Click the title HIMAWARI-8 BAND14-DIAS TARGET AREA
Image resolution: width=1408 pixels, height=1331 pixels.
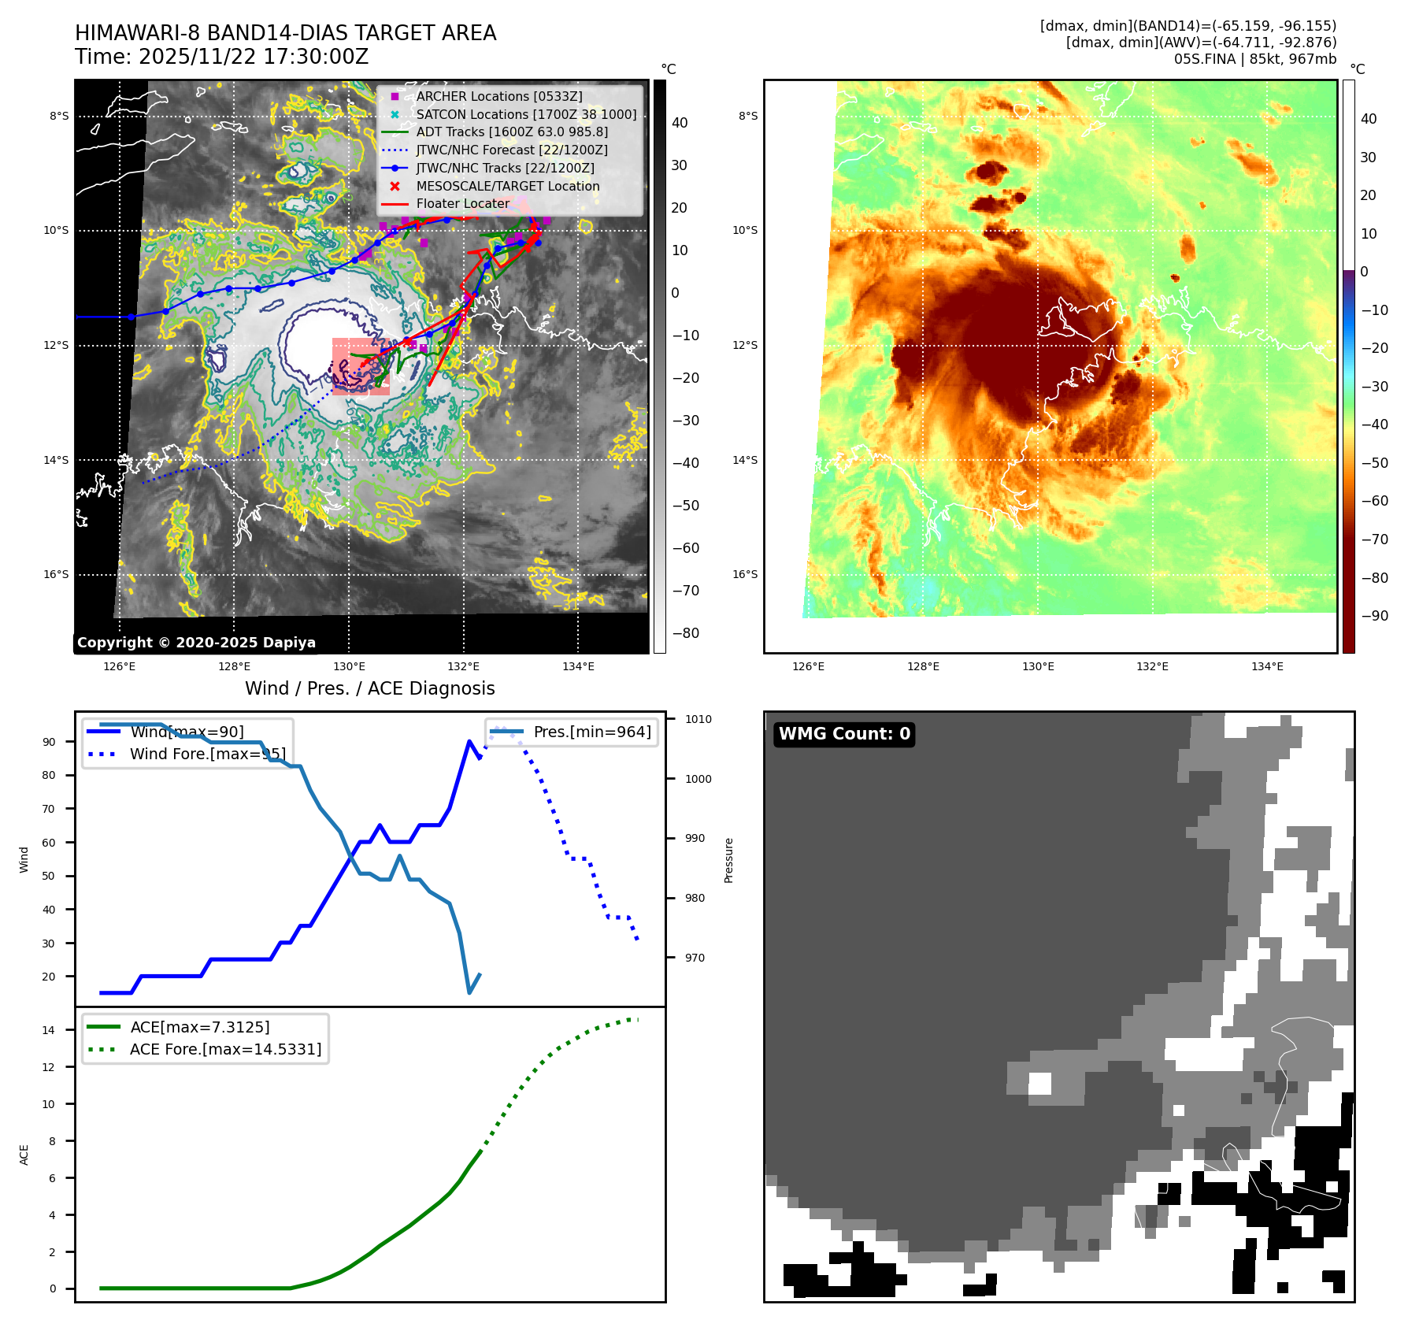click(285, 33)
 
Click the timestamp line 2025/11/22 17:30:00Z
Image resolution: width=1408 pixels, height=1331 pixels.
click(221, 57)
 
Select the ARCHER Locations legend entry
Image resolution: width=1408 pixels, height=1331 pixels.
click(498, 96)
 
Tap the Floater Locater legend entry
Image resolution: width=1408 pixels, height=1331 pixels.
click(462, 203)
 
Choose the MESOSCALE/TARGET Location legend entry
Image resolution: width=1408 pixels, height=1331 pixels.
click(507, 186)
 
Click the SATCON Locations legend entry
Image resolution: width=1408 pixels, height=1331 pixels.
click(525, 114)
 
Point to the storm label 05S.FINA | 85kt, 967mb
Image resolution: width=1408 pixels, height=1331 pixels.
click(1254, 59)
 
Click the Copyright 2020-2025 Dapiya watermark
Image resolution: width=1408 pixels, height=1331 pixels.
click(196, 643)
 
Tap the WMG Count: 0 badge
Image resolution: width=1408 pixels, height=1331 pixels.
click(844, 734)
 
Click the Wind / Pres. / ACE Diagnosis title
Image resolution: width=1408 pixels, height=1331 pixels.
click(369, 688)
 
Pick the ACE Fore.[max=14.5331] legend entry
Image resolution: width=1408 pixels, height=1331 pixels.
click(225, 1049)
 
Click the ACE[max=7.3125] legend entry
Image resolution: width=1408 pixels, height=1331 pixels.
click(199, 1027)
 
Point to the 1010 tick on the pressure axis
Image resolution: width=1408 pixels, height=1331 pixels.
click(698, 719)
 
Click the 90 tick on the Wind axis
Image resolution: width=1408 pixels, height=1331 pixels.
click(49, 742)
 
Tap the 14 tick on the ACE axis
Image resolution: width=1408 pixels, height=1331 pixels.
click(49, 1030)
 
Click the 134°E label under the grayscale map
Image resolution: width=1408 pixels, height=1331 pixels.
click(578, 666)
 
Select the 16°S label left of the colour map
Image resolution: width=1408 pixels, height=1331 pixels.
click(745, 574)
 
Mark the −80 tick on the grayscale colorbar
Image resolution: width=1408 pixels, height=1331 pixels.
click(684, 633)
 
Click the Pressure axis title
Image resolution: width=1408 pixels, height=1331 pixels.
click(728, 860)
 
